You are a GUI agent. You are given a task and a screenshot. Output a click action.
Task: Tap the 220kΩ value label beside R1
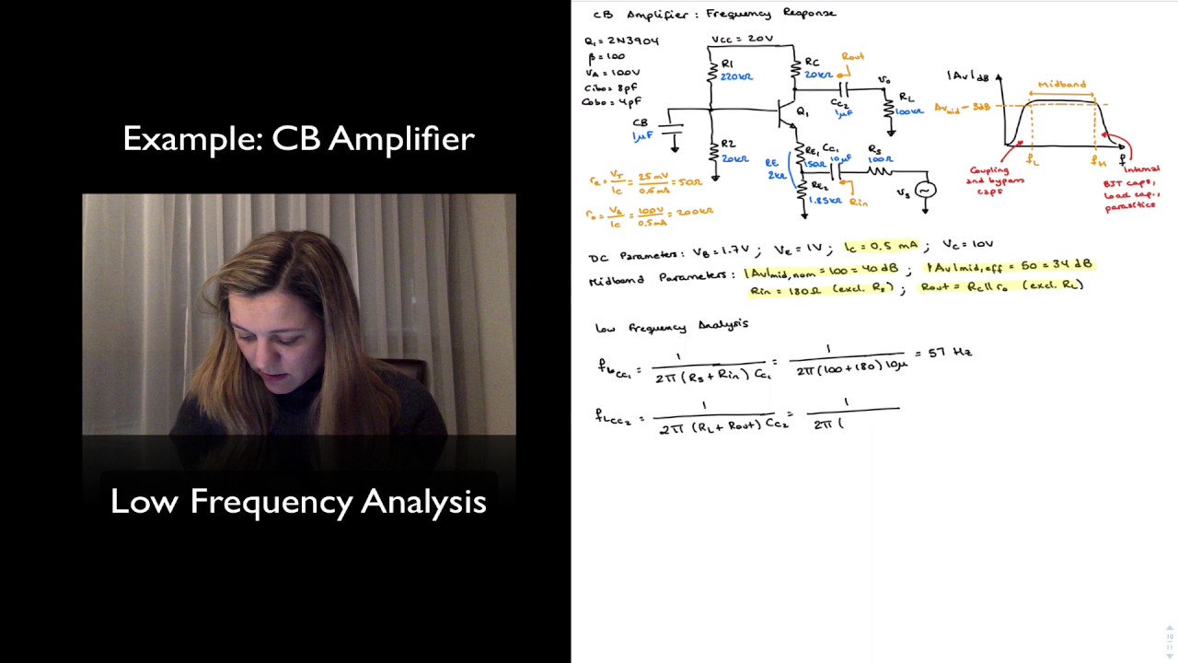(x=737, y=76)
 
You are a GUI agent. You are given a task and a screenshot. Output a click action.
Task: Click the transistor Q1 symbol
(x=783, y=113)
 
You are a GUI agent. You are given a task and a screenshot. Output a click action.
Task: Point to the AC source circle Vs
(x=924, y=190)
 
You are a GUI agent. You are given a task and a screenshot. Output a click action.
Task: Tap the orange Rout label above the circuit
(x=852, y=57)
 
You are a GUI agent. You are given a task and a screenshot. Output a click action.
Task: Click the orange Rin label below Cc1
(x=859, y=202)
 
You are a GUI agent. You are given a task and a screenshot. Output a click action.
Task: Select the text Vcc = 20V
(x=742, y=40)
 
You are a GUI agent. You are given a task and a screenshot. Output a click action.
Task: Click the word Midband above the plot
(x=1062, y=85)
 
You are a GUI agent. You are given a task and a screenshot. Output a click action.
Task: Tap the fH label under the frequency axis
(x=1097, y=161)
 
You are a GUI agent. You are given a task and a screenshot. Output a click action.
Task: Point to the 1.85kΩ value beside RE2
(x=825, y=199)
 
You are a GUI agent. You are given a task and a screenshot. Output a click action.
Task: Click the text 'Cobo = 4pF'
(x=612, y=102)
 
